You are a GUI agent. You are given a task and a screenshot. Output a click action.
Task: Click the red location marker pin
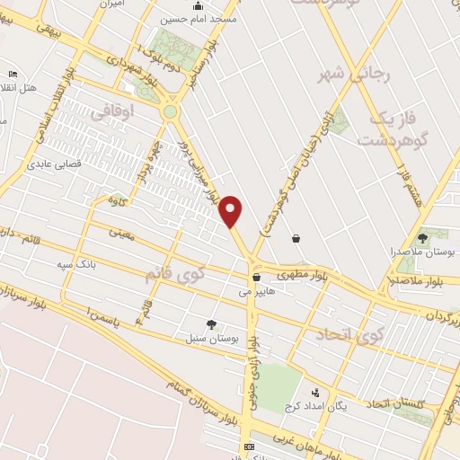(x=232, y=211)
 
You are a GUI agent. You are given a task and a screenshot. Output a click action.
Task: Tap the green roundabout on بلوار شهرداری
(x=170, y=111)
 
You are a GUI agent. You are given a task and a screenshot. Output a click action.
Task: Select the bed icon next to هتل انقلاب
(x=12, y=74)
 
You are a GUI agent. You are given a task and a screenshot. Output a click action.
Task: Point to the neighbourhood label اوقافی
(x=112, y=112)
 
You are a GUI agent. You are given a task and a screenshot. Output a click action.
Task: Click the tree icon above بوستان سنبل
(x=211, y=324)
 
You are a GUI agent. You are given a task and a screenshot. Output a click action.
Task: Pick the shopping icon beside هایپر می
(x=256, y=278)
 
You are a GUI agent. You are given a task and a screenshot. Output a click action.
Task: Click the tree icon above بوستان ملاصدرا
(x=422, y=238)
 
